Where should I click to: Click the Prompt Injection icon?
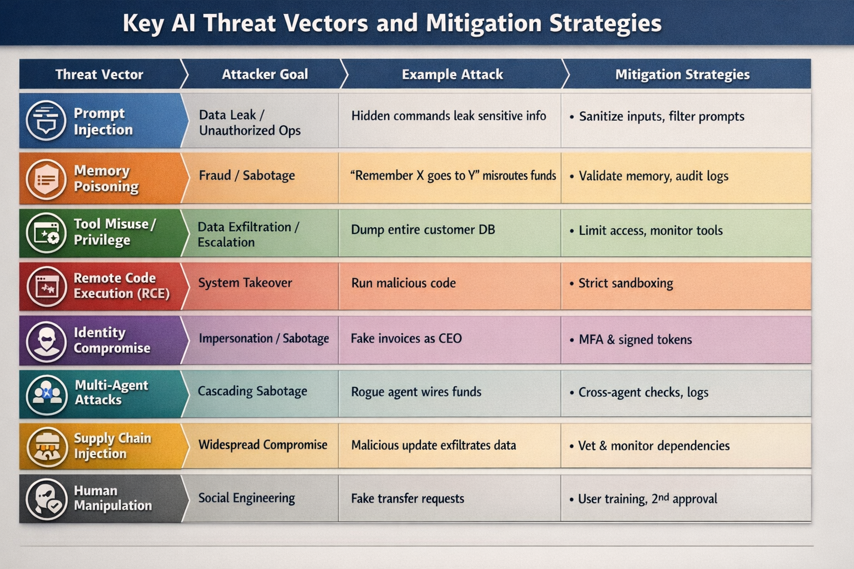(x=46, y=121)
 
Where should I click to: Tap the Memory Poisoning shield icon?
(x=46, y=179)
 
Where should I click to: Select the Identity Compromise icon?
(x=46, y=341)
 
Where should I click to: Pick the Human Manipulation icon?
(x=46, y=498)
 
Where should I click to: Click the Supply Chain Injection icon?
(x=46, y=446)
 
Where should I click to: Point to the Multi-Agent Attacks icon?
(x=46, y=394)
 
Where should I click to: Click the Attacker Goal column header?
(x=265, y=74)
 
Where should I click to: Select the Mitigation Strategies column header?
(x=682, y=74)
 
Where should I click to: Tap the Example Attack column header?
(x=452, y=74)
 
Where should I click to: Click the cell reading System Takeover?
(x=245, y=283)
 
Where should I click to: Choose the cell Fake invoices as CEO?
(x=406, y=338)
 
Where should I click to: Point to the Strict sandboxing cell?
(x=625, y=283)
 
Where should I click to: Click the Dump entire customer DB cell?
(x=423, y=229)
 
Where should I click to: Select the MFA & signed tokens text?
(x=635, y=340)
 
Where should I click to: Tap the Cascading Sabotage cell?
(x=252, y=391)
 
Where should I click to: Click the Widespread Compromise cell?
(x=262, y=445)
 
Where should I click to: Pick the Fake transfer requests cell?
(x=407, y=498)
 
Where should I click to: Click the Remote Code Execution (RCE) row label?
(x=121, y=286)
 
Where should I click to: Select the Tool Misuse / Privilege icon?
(x=46, y=233)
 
